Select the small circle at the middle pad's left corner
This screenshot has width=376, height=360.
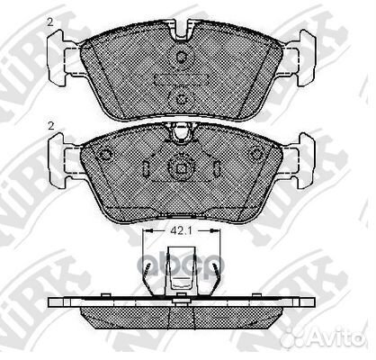106,151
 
